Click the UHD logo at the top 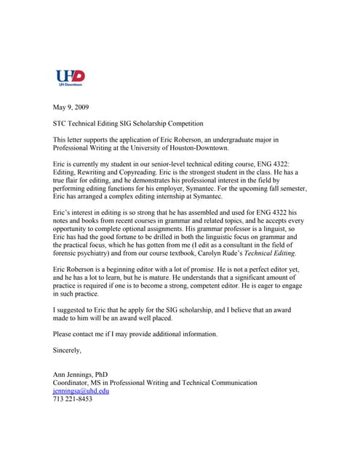[71, 77]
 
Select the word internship [209, 195]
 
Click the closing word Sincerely [68, 349]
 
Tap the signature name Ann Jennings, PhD [81, 374]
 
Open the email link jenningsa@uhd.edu [82, 390]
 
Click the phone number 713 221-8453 [73, 398]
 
